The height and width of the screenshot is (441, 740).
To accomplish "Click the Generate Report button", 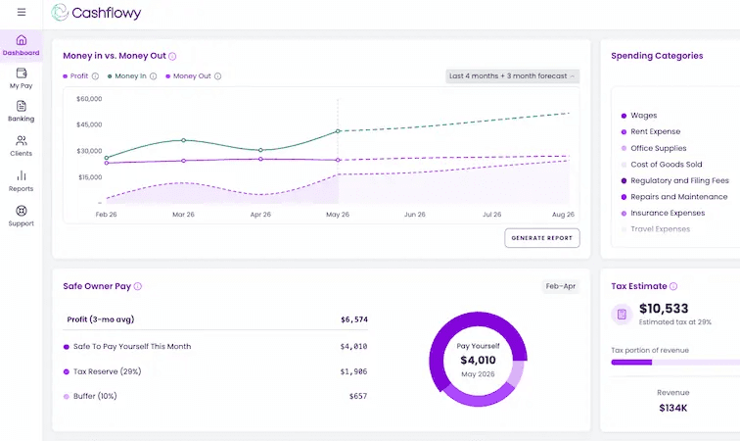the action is [x=542, y=238].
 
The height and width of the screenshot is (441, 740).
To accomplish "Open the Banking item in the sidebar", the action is [x=22, y=112].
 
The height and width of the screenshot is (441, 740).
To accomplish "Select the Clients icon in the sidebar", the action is [x=22, y=140].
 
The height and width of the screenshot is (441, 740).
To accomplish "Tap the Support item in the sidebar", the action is [x=22, y=216].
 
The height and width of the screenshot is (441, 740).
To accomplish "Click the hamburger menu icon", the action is [x=22, y=12].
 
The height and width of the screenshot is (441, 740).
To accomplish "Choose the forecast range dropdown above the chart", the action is [x=513, y=76].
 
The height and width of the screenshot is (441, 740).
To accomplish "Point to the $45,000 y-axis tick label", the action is [x=89, y=124].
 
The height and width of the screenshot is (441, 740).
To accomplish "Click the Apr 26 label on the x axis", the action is [x=260, y=215].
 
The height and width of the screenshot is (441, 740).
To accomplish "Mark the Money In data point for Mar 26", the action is [x=184, y=140].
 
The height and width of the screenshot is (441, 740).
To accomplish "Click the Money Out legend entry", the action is [x=192, y=76].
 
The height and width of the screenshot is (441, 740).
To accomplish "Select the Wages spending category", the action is [x=644, y=116].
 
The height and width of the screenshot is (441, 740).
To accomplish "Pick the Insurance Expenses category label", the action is [x=668, y=214].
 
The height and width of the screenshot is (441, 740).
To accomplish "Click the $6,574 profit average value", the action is [x=354, y=319].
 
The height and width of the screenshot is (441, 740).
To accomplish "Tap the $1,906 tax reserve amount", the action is [x=353, y=371].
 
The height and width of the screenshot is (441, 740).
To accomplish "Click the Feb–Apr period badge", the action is [x=561, y=286].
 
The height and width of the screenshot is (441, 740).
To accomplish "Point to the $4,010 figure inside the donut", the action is [x=478, y=361].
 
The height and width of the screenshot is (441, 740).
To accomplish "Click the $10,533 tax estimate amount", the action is [x=664, y=309].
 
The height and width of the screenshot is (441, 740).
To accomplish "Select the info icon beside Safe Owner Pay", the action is [x=138, y=286].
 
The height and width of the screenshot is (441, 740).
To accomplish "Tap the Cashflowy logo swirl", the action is [x=60, y=13].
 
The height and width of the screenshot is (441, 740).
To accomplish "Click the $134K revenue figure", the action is [x=673, y=408].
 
